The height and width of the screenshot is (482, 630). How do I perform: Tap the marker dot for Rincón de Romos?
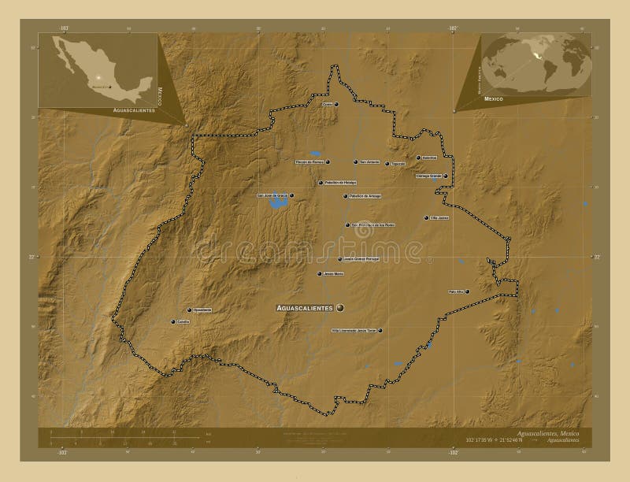tap(328, 162)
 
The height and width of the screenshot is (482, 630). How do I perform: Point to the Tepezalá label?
tap(398, 164)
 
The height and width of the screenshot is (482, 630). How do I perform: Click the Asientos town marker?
tap(417, 158)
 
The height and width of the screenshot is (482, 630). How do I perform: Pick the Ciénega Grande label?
tap(429, 176)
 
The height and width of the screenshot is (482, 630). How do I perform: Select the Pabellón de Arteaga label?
tap(362, 196)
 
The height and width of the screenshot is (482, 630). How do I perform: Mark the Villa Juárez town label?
tap(439, 217)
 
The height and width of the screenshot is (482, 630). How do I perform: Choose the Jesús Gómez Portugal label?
tap(362, 258)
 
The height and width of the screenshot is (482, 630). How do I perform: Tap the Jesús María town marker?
tap(319, 274)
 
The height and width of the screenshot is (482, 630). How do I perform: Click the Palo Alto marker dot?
tap(468, 292)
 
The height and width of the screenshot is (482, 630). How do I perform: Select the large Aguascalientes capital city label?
tap(304, 306)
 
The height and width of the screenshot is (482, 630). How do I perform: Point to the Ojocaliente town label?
tap(202, 310)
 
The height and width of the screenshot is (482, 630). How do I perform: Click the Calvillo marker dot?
tap(172, 321)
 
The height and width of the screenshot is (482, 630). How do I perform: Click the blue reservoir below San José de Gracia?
tap(278, 204)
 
